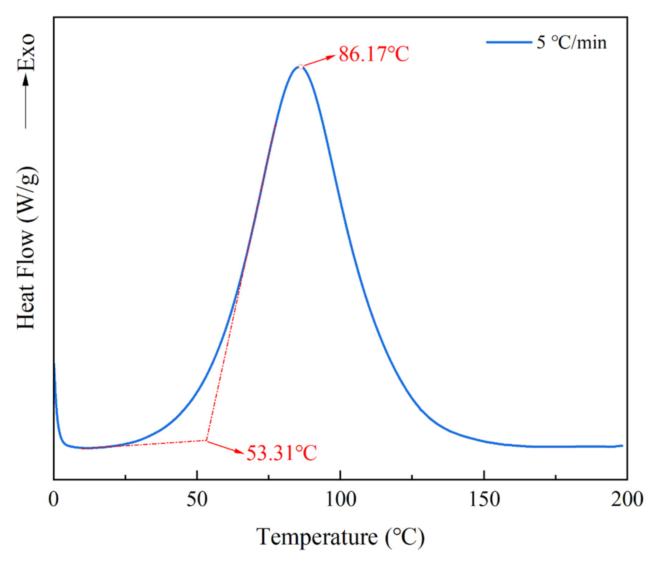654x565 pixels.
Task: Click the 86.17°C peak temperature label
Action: [x=374, y=54]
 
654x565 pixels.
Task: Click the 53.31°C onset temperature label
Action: [x=281, y=453]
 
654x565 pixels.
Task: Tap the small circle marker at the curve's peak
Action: [x=301, y=67]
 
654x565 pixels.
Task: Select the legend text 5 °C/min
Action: [x=572, y=42]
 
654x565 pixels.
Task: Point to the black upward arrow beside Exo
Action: [x=26, y=101]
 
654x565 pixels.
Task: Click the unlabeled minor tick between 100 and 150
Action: [x=412, y=476]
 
